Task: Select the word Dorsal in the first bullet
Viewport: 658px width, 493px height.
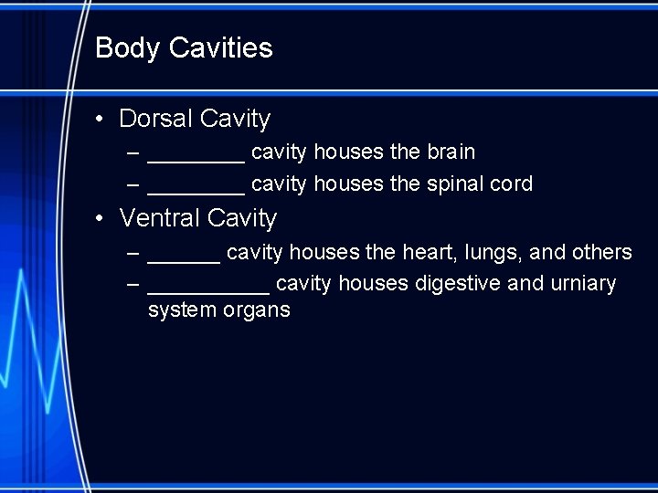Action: [x=155, y=119]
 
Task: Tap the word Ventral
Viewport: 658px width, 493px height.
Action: [x=160, y=218]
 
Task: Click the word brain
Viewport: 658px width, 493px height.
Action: [x=451, y=152]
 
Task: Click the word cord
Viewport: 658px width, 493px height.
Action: [x=511, y=184]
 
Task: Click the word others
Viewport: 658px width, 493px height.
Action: [x=601, y=252]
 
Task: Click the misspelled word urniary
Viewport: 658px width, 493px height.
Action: [x=583, y=284]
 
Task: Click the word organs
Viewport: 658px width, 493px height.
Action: [x=257, y=311]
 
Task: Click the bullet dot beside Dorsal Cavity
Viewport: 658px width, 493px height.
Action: [x=106, y=120]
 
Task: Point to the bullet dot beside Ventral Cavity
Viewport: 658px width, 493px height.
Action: [x=106, y=219]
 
